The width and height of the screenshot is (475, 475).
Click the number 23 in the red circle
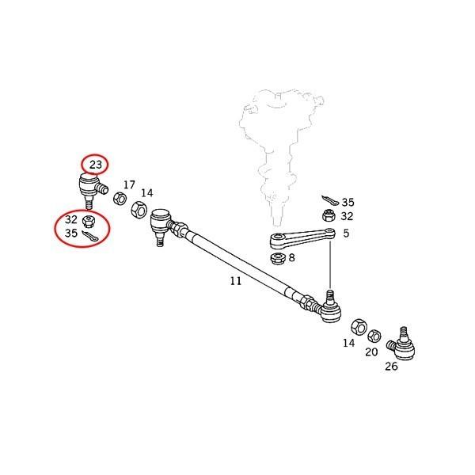[96, 165]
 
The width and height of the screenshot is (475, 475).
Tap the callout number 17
[128, 184]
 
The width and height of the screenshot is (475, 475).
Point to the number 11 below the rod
[235, 280]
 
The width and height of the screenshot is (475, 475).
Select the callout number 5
[345, 234]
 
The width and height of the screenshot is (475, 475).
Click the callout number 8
[292, 257]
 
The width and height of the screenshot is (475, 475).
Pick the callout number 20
[371, 351]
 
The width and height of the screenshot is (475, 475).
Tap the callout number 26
[391, 367]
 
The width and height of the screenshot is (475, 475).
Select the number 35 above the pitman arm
[348, 202]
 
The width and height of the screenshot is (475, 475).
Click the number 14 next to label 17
[147, 192]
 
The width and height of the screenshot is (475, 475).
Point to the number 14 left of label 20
[349, 343]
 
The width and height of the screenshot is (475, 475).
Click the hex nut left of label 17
[120, 198]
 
